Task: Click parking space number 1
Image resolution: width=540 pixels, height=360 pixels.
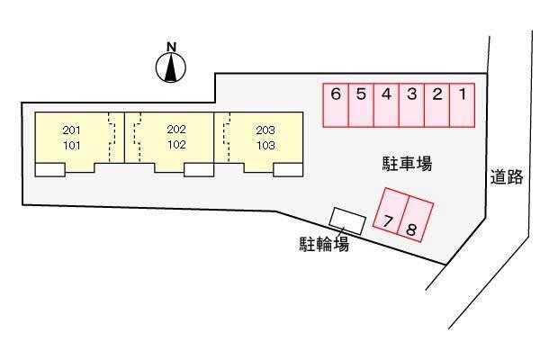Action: click(462, 103)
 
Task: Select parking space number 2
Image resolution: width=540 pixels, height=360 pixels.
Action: click(436, 103)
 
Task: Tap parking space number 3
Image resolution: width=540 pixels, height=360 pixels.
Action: click(411, 103)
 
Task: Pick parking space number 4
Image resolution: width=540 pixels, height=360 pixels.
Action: click(386, 103)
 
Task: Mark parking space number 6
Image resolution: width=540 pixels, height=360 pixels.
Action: click(336, 103)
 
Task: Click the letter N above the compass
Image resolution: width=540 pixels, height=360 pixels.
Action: click(171, 46)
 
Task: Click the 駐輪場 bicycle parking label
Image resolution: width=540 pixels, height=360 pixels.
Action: click(325, 243)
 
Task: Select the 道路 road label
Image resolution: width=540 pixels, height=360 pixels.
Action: click(508, 177)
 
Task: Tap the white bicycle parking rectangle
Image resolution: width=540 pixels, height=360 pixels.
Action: click(347, 219)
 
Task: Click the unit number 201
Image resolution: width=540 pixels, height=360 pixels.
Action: click(72, 130)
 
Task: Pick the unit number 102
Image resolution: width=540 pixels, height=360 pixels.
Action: click(175, 143)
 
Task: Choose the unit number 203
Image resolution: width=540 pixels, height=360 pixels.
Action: click(265, 130)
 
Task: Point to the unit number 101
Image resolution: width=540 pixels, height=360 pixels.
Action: click(72, 143)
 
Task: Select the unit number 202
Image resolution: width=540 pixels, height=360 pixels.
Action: click(175, 130)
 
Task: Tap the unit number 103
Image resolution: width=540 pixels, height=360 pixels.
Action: click(265, 143)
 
